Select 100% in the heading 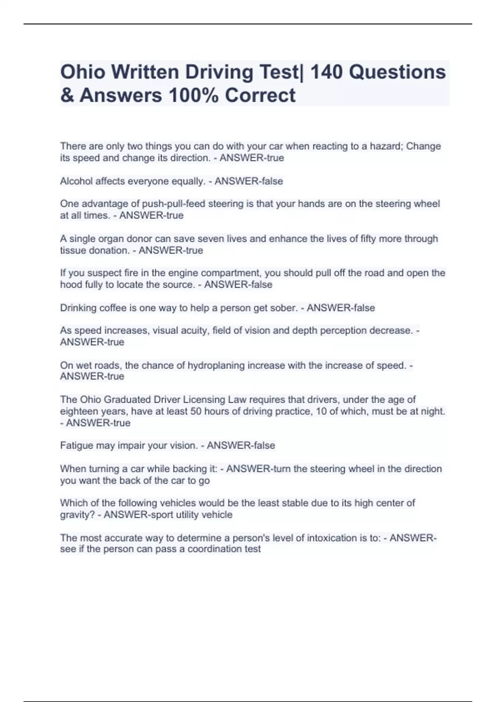coord(193,95)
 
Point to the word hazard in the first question coord(385,146)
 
